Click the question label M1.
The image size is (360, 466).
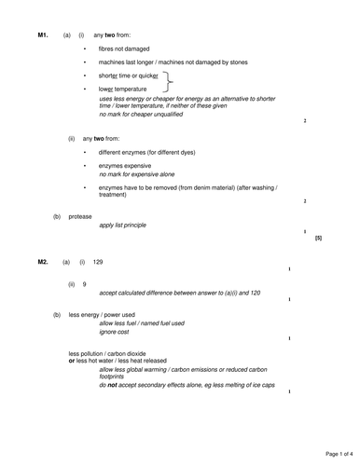[x=42, y=34]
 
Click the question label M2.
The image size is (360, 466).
[x=42, y=263]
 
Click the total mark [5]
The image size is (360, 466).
[x=318, y=238]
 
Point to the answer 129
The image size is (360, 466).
[x=98, y=263]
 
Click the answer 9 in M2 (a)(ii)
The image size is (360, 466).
[x=85, y=283]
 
